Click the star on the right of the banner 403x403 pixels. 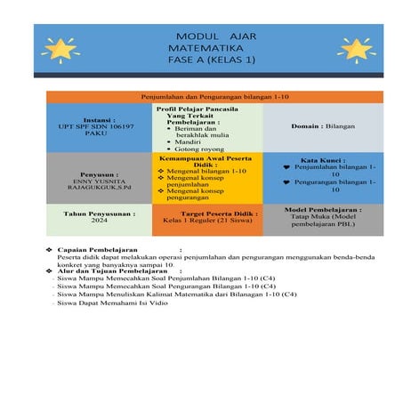pyautogui.click(x=353, y=48)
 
